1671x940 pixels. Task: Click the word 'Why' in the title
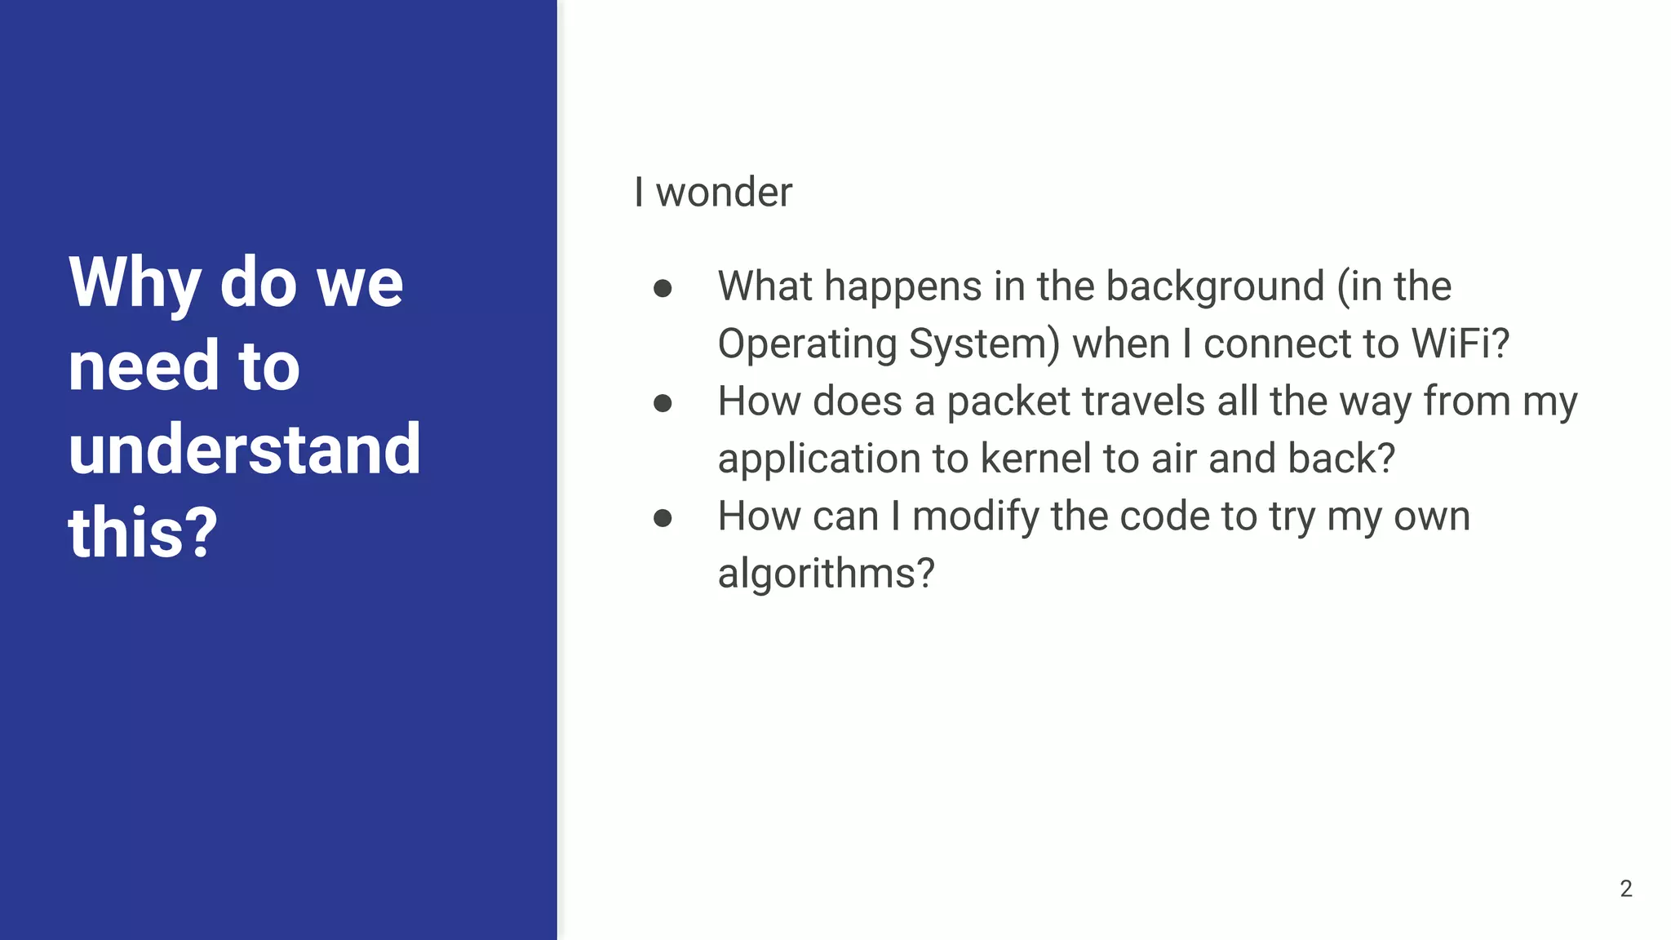(135, 282)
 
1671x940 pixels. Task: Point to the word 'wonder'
(724, 193)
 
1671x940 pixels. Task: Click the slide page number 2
(1625, 889)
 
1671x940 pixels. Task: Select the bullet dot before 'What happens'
(663, 288)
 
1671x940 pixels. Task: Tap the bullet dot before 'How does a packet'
(663, 403)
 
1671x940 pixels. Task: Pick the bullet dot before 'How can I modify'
(663, 518)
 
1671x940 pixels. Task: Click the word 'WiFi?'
(1460, 344)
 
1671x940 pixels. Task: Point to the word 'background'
(1214, 286)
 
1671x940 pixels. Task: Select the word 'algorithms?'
(826, 574)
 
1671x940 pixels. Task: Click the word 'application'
(818, 459)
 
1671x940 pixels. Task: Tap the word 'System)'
(984, 344)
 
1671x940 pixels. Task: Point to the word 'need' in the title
(144, 366)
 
